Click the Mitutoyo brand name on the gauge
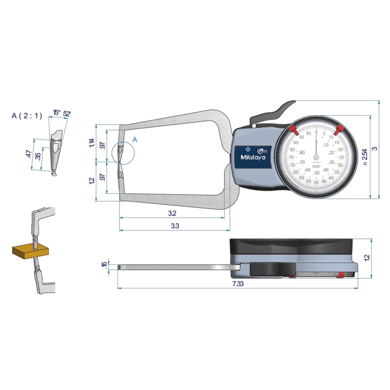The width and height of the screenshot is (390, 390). pos(253,158)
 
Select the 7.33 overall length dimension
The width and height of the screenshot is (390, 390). pos(238,284)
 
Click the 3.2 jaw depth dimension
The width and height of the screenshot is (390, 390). pos(172,213)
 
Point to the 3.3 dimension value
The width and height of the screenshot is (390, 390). pos(175,226)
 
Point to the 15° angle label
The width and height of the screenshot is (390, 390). pos(56,113)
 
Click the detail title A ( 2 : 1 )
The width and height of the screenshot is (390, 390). pos(27,116)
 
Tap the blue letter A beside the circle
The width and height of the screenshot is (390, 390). pos(135,140)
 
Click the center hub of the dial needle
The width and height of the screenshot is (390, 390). pos(316,157)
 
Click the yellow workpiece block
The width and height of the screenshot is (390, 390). pos(30,251)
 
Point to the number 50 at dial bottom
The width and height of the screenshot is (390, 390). pos(316,182)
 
